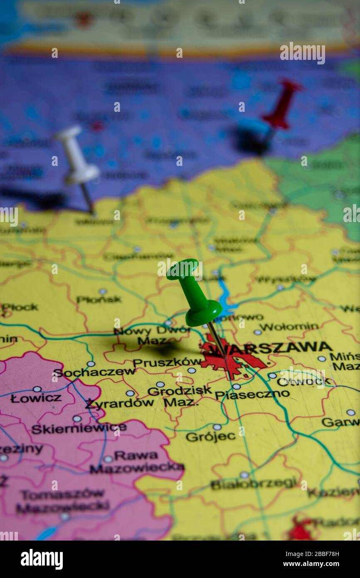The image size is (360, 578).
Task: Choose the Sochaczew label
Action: click(94, 372)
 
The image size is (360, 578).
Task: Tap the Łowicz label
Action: click(36, 398)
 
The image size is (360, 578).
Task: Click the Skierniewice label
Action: click(79, 429)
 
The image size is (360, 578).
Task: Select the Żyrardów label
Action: click(120, 403)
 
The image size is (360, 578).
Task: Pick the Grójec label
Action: click(210, 437)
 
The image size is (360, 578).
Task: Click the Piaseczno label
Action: click(252, 394)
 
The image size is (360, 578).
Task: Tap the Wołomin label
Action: click(289, 327)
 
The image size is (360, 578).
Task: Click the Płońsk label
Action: click(99, 299)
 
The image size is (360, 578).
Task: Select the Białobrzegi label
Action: click(254, 484)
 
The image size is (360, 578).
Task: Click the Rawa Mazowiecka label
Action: click(136, 462)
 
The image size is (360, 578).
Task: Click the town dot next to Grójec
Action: click(217, 427)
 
